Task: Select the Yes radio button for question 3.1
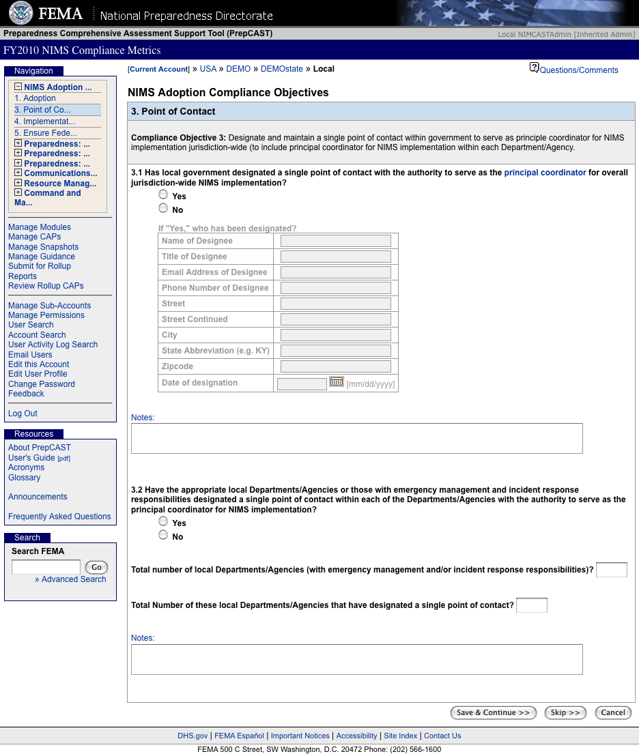click(x=163, y=195)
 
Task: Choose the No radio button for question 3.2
click(x=163, y=536)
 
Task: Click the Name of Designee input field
click(x=335, y=241)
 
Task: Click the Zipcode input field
click(x=335, y=366)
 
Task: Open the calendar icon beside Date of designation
click(x=336, y=382)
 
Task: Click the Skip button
click(x=565, y=713)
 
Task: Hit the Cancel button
click(x=613, y=713)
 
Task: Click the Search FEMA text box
click(x=46, y=567)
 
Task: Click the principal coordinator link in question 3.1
click(x=545, y=173)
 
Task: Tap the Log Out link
click(x=23, y=414)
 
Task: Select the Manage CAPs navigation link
click(x=34, y=237)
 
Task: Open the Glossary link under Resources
click(x=24, y=478)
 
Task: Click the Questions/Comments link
click(x=579, y=70)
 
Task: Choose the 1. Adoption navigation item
click(x=40, y=98)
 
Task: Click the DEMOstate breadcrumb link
click(x=281, y=69)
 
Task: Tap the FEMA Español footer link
click(x=239, y=736)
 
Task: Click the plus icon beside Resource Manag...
click(x=18, y=183)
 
